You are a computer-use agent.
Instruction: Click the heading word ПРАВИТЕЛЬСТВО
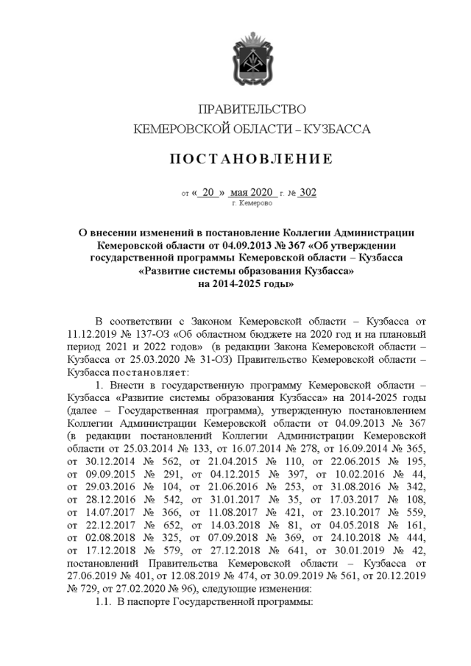(252, 110)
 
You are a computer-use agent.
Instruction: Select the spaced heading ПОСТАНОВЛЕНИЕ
(252, 159)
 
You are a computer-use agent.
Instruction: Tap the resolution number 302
(308, 193)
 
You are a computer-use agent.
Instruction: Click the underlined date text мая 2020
(251, 193)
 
